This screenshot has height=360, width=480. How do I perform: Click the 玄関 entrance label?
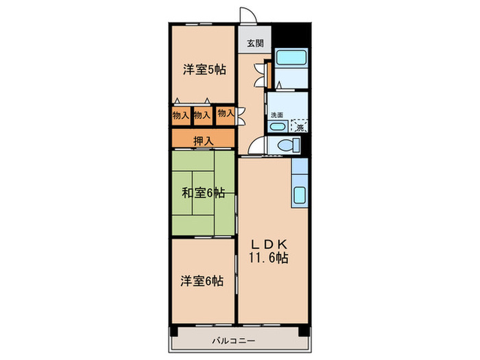point(254,43)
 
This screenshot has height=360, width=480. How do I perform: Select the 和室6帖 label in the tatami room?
point(204,193)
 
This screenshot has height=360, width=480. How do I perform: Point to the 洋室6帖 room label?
point(203,280)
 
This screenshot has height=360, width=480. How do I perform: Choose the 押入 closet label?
point(203,141)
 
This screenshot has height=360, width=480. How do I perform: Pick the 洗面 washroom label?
point(276,115)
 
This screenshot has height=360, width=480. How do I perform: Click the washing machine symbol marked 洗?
point(300,126)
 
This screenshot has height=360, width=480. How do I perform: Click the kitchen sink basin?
point(300,195)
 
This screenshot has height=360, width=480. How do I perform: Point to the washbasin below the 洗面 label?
point(276,127)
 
